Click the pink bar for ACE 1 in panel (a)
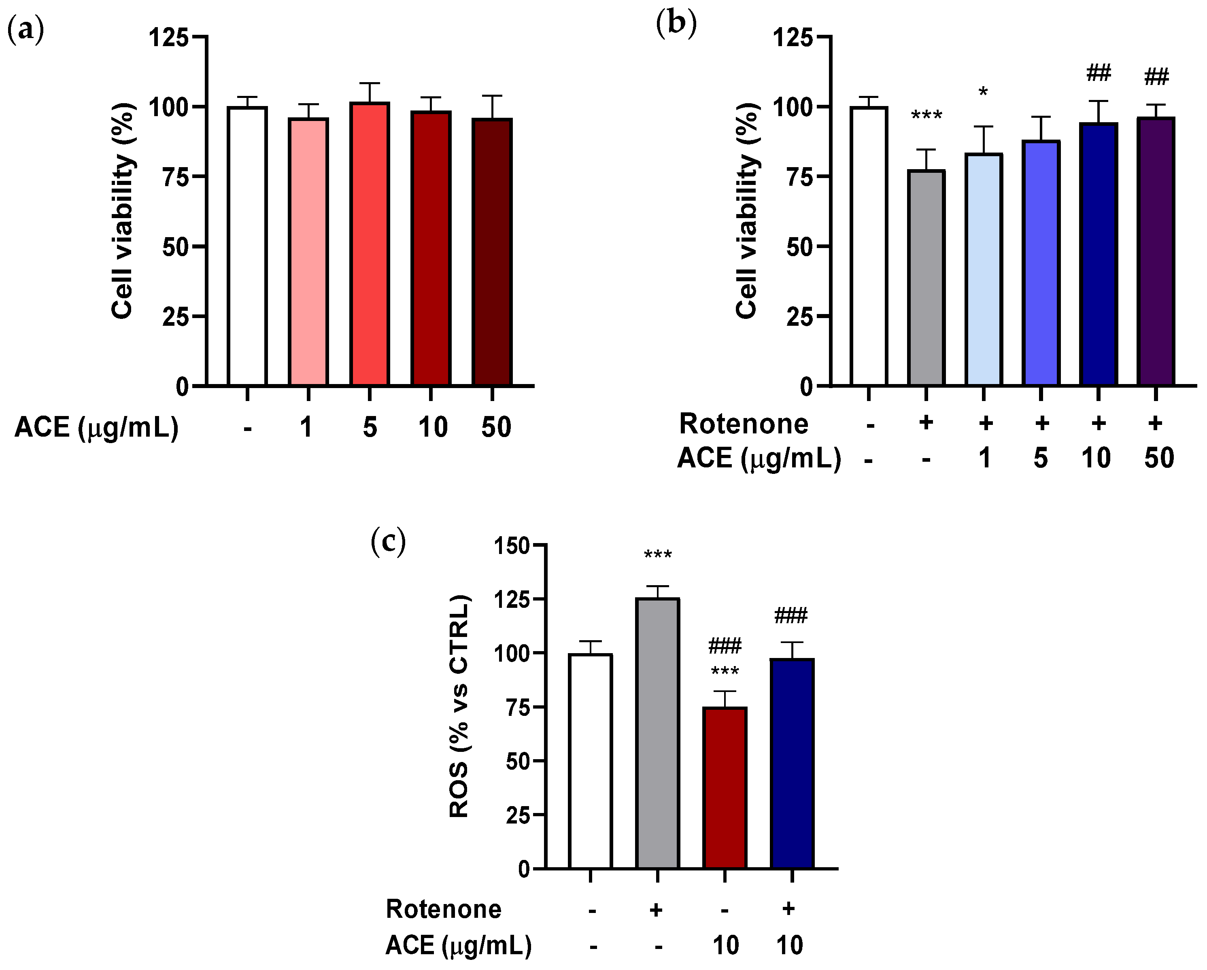[x=308, y=252]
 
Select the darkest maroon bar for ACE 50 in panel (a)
[x=492, y=252]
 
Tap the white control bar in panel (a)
[x=247, y=246]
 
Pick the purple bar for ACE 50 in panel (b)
[x=1156, y=252]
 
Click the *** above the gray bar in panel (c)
[x=657, y=556]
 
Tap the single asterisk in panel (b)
[x=983, y=91]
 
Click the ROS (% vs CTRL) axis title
[x=459, y=707]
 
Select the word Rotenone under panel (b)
[x=744, y=424]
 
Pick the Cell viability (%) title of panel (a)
[x=123, y=211]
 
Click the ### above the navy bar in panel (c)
[x=790, y=616]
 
